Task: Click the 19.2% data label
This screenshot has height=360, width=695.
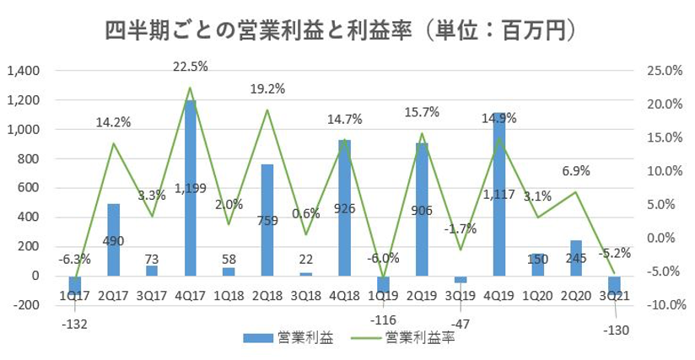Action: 267,88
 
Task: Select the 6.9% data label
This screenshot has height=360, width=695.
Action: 575,171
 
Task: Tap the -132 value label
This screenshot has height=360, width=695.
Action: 74,324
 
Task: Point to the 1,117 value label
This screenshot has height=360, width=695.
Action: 498,196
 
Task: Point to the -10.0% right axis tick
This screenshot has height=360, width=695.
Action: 661,305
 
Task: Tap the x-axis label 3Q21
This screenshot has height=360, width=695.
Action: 615,297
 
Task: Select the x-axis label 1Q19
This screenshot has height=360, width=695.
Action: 382,297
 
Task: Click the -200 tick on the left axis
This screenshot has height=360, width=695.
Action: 29,305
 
